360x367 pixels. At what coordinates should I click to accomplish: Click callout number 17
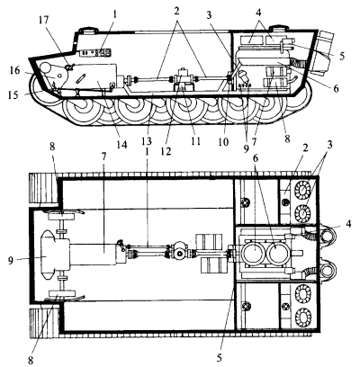click(44, 22)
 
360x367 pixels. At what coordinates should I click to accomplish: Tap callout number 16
click(14, 72)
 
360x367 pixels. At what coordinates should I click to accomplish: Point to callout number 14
click(122, 145)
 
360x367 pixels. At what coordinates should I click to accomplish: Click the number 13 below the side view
click(148, 140)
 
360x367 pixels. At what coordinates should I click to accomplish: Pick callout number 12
click(166, 150)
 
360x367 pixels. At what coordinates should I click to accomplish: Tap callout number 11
click(195, 140)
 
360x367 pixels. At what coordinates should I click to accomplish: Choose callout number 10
click(223, 141)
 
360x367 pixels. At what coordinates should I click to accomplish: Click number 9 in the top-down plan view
click(11, 261)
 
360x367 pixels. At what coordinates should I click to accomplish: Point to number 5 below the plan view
click(220, 357)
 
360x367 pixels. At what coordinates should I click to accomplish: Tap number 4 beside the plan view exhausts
click(348, 224)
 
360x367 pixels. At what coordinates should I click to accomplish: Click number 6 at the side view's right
click(336, 88)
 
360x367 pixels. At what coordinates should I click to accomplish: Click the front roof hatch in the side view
click(88, 31)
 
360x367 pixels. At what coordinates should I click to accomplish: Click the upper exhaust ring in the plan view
click(328, 235)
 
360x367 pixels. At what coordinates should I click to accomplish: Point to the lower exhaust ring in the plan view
click(328, 271)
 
